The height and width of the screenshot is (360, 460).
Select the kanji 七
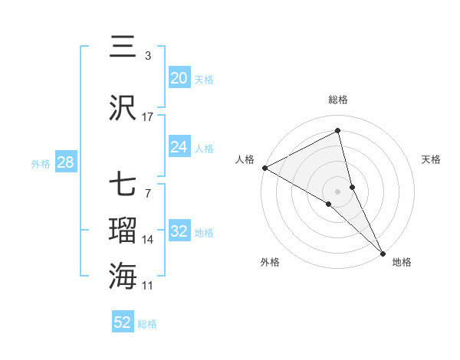[x=123, y=185]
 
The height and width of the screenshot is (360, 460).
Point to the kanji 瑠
[x=123, y=230]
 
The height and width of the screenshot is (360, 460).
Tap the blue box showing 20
[x=179, y=78]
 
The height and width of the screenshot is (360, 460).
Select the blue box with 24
[x=179, y=147]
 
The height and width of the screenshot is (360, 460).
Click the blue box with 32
[x=179, y=231]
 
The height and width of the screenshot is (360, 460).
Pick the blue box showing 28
[x=64, y=162]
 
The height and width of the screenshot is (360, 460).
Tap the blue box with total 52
[x=122, y=322]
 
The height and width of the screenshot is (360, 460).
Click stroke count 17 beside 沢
[x=148, y=116]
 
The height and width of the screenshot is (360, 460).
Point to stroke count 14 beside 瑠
[x=148, y=240]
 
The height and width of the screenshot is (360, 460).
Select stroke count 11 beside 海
[x=148, y=286]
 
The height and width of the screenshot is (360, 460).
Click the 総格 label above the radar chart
[x=338, y=100]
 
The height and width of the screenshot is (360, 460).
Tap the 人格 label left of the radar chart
[x=245, y=159]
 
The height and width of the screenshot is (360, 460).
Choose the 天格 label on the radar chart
[x=432, y=159]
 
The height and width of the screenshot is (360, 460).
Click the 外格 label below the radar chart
[x=270, y=262]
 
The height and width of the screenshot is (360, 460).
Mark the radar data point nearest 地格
[x=383, y=252]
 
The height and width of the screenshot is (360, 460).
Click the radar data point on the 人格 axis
[x=264, y=168]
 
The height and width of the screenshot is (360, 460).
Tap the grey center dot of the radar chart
[x=337, y=190]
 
